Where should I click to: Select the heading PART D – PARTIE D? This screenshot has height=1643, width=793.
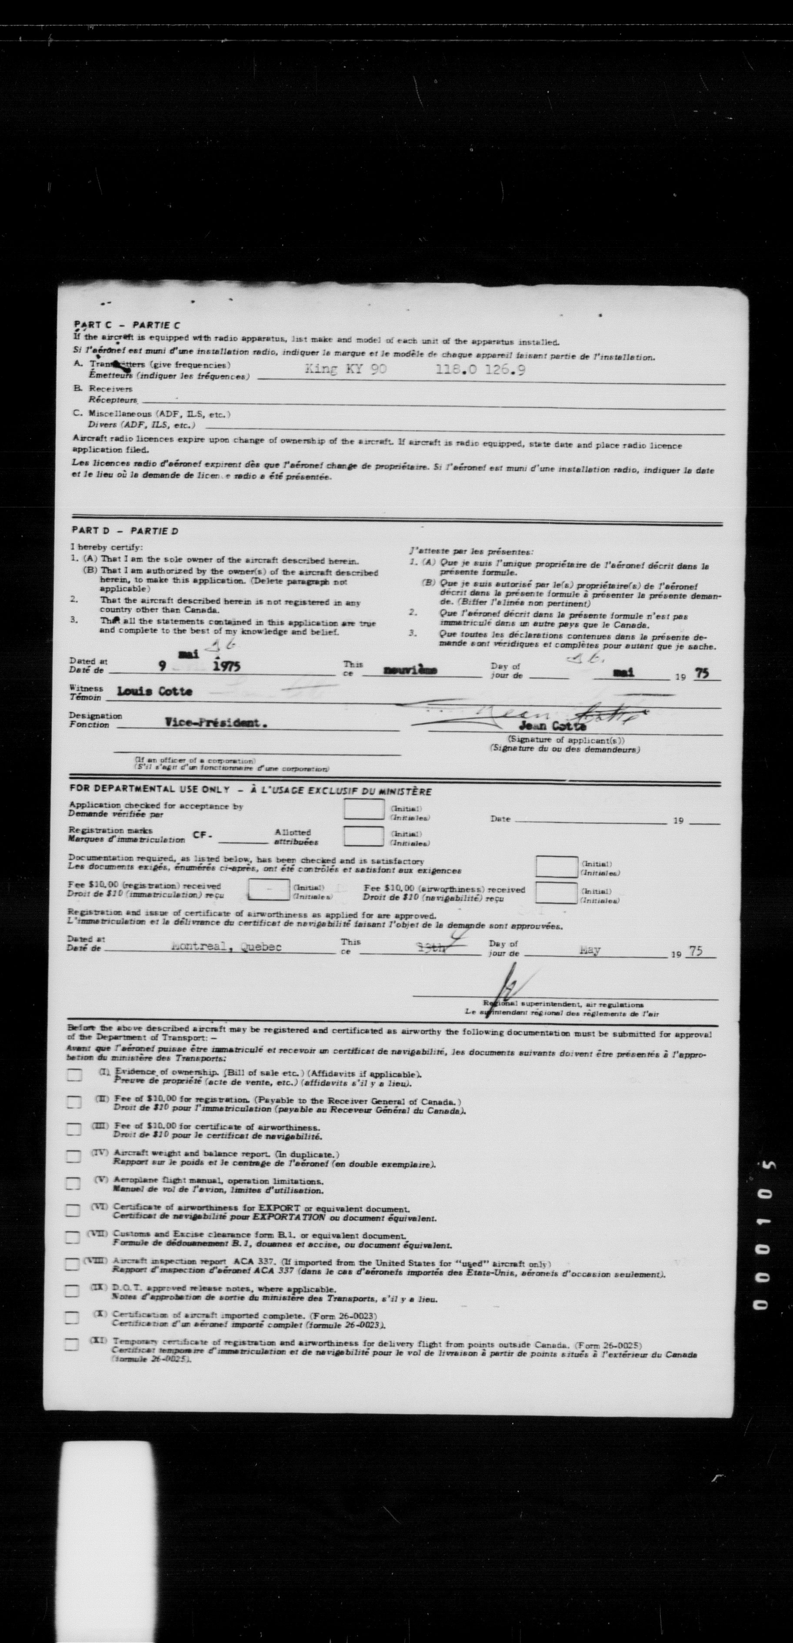(124, 530)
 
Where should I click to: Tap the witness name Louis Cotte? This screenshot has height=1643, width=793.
(154, 691)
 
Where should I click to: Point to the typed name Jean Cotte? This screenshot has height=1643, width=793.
(552, 726)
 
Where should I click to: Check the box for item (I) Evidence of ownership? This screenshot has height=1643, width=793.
(75, 1075)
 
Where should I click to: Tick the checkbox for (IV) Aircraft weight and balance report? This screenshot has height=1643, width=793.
(75, 1157)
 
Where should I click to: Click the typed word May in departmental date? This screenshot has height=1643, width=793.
(590, 950)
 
